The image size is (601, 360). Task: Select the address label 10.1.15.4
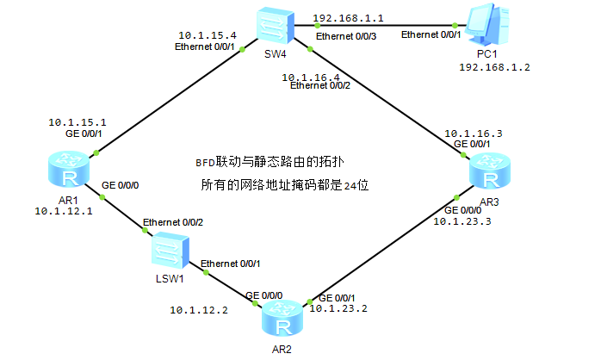coord(209,35)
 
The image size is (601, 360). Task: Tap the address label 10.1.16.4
coord(313,77)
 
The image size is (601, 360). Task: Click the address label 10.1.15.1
coord(77,122)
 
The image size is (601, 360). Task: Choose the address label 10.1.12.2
coord(199,309)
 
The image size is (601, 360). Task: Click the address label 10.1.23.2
coord(338,308)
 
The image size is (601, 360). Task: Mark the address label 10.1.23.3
coord(461,221)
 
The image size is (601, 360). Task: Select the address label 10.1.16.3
coord(473,133)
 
